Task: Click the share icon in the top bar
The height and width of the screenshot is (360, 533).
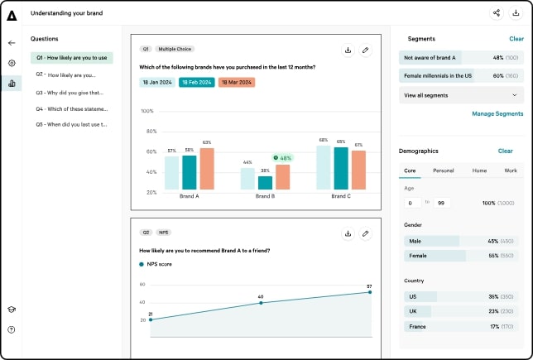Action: [x=497, y=13]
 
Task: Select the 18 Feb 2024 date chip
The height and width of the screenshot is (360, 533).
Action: [x=197, y=82]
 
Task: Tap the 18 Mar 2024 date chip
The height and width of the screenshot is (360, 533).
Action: [x=237, y=82]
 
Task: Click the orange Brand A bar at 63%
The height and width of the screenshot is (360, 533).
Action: [x=207, y=169]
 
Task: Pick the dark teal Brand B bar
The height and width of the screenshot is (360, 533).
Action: [x=265, y=183]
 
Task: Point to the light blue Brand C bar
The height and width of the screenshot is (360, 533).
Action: [x=324, y=168]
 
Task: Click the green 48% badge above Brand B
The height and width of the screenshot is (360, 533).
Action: [x=283, y=158]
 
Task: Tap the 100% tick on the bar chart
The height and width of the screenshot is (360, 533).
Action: [x=147, y=111]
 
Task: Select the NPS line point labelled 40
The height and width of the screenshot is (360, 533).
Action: [x=261, y=303]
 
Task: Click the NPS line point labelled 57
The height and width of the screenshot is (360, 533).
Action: [x=370, y=292]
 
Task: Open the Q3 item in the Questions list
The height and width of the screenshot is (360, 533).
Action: [x=70, y=93]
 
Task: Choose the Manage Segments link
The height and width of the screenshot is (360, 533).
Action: [x=497, y=114]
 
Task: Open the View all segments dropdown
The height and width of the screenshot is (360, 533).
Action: [x=461, y=95]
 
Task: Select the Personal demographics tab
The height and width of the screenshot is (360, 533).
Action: [x=444, y=170]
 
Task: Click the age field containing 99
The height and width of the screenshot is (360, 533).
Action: [x=442, y=203]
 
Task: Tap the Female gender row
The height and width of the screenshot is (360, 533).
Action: [x=461, y=256]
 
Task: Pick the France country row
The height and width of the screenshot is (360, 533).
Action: [x=461, y=327]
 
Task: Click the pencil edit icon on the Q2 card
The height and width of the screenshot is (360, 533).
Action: [x=366, y=234]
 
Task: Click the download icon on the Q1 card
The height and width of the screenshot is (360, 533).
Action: [x=348, y=50]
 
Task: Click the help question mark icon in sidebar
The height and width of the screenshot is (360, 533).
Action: [x=12, y=329]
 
